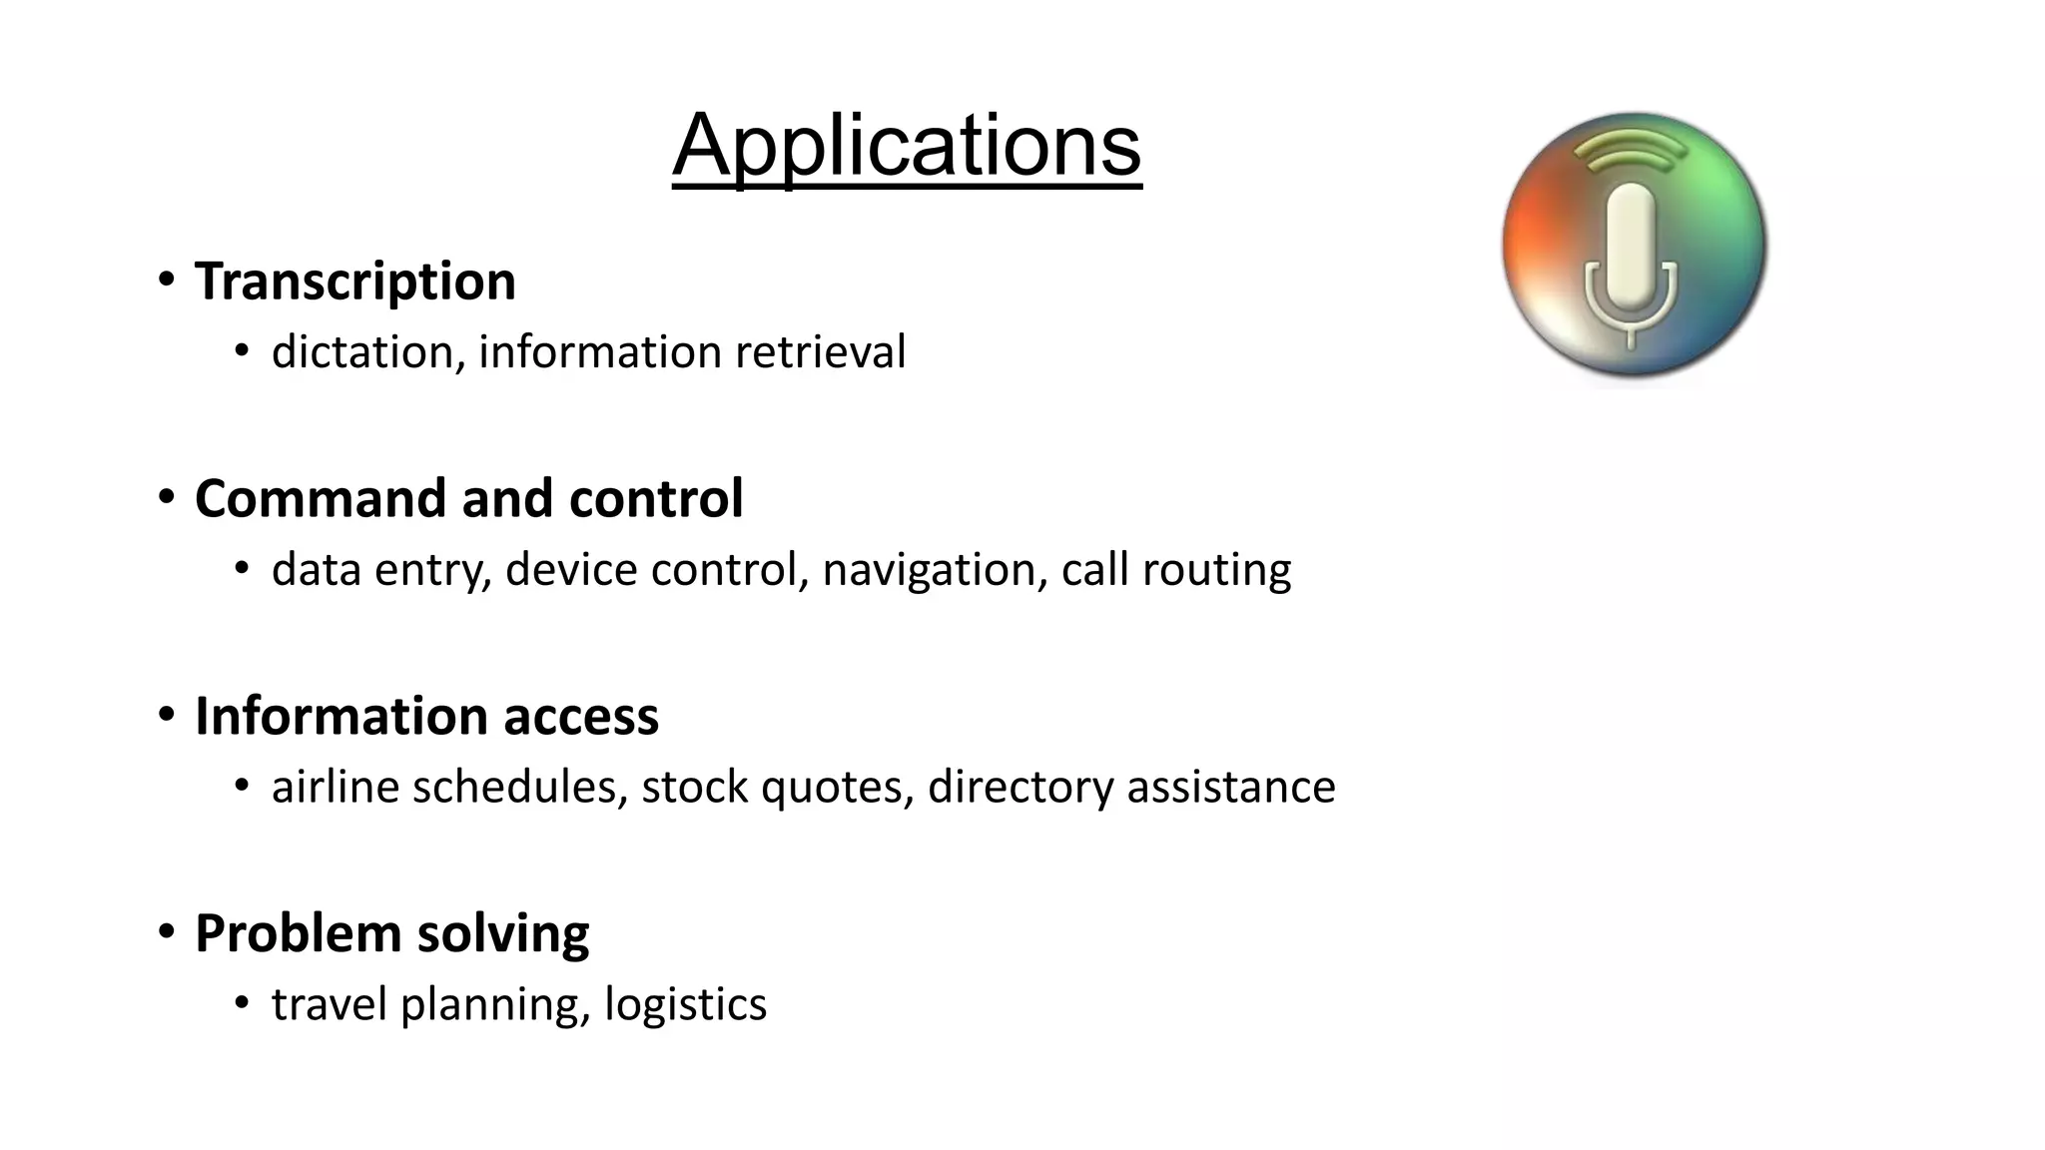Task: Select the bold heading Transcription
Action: coord(354,282)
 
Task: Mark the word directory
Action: coord(1021,787)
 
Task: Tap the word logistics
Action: coord(685,1004)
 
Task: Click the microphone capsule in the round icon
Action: coord(1631,246)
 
